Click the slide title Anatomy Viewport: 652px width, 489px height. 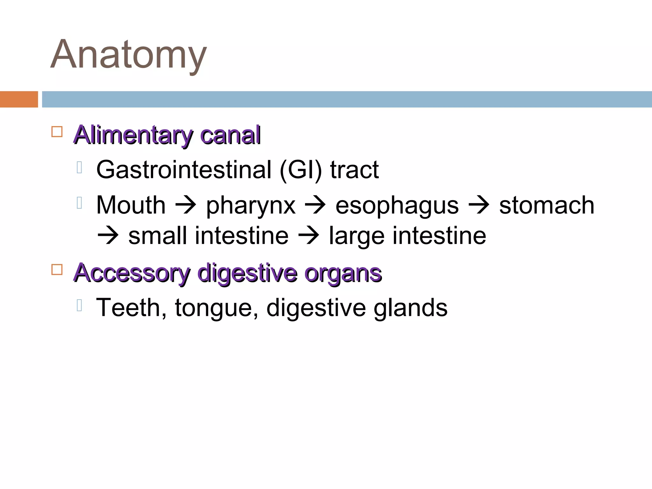pyautogui.click(x=129, y=55)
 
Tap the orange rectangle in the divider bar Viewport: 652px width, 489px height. pyautogui.click(x=19, y=99)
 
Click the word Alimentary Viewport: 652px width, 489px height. pyautogui.click(x=133, y=135)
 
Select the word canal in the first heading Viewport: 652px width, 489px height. pyautogui.click(x=230, y=135)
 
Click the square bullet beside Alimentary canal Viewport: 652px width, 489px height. pyautogui.click(x=57, y=131)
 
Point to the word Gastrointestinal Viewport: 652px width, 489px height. pyautogui.click(x=184, y=170)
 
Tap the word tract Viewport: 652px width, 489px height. pyautogui.click(x=354, y=170)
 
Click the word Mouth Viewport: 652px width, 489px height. pyautogui.click(x=131, y=205)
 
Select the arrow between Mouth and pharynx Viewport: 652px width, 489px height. pyautogui.click(x=186, y=205)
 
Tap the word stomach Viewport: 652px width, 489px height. pyautogui.click(x=547, y=205)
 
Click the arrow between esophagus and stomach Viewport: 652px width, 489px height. pyautogui.click(x=479, y=205)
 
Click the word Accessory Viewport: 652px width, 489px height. pyautogui.click(x=132, y=273)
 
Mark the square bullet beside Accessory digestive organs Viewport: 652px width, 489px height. pyautogui.click(x=57, y=269)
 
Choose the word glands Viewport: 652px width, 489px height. pyautogui.click(x=410, y=308)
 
